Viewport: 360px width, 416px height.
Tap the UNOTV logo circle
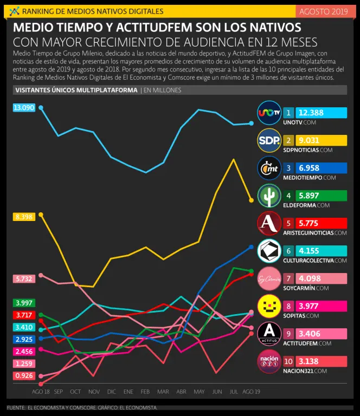(269, 113)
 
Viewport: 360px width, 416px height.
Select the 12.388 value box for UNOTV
(322, 113)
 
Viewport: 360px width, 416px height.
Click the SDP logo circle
(269, 140)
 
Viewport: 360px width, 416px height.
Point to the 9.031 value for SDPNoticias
(322, 140)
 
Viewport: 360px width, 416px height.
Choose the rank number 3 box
(289, 168)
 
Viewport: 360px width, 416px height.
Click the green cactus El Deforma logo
(269, 196)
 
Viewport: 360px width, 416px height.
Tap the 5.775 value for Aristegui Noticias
(322, 223)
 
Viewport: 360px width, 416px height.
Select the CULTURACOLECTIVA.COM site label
(314, 261)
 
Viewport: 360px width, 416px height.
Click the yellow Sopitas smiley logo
(269, 306)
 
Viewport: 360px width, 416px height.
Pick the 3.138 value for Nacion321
(322, 361)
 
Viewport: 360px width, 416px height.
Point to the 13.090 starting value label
(24, 108)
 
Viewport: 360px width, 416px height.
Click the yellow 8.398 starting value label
(24, 217)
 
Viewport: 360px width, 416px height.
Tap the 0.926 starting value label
(24, 375)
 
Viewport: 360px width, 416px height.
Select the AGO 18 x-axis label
(41, 391)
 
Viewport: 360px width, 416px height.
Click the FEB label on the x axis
(145, 391)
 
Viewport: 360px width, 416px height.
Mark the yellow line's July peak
(234, 159)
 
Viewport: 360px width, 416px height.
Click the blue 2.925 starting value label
(24, 339)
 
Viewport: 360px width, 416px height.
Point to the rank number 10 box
(289, 361)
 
